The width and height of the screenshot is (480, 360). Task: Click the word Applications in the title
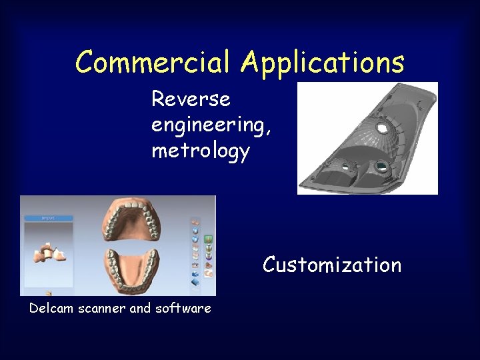(323, 63)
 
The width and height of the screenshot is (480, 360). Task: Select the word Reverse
(191, 99)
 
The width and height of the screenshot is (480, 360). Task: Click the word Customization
(332, 265)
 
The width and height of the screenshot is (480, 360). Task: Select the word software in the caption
(183, 308)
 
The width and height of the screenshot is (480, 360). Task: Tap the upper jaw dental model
(131, 219)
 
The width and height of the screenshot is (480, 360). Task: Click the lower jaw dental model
(131, 269)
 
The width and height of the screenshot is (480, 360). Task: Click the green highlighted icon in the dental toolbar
(208, 239)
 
